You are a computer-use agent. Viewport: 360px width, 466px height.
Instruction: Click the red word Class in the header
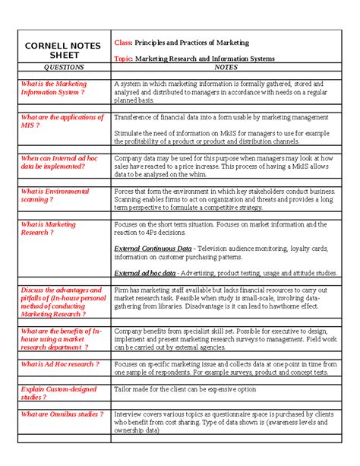(123, 43)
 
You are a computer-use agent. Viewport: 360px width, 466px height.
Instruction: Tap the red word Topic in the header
(124, 59)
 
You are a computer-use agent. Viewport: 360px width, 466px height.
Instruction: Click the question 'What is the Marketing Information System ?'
(54, 88)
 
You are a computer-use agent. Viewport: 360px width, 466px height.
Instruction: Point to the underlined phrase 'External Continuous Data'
(152, 249)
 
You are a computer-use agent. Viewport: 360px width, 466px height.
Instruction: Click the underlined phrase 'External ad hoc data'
(144, 272)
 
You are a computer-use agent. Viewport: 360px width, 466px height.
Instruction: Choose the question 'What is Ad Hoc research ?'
(60, 364)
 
